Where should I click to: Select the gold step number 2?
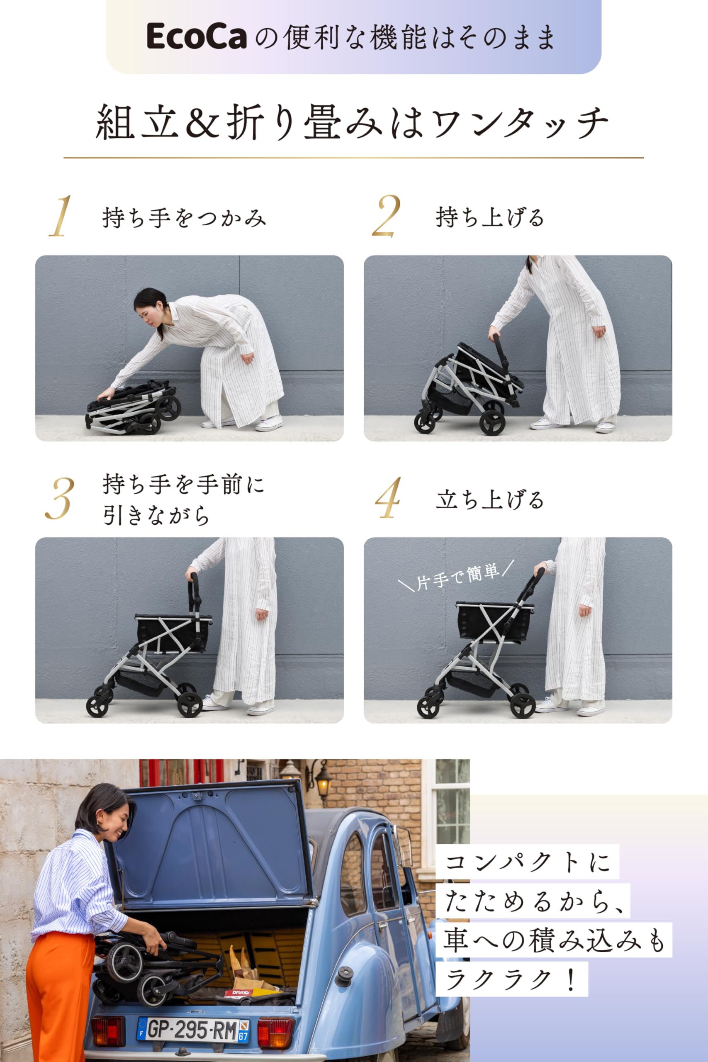tap(386, 216)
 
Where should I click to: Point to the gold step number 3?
tap(59, 499)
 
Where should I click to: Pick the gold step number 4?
tap(388, 499)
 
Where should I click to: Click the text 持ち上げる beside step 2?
tap(489, 217)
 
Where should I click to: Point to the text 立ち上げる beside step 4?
tap(489, 500)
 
